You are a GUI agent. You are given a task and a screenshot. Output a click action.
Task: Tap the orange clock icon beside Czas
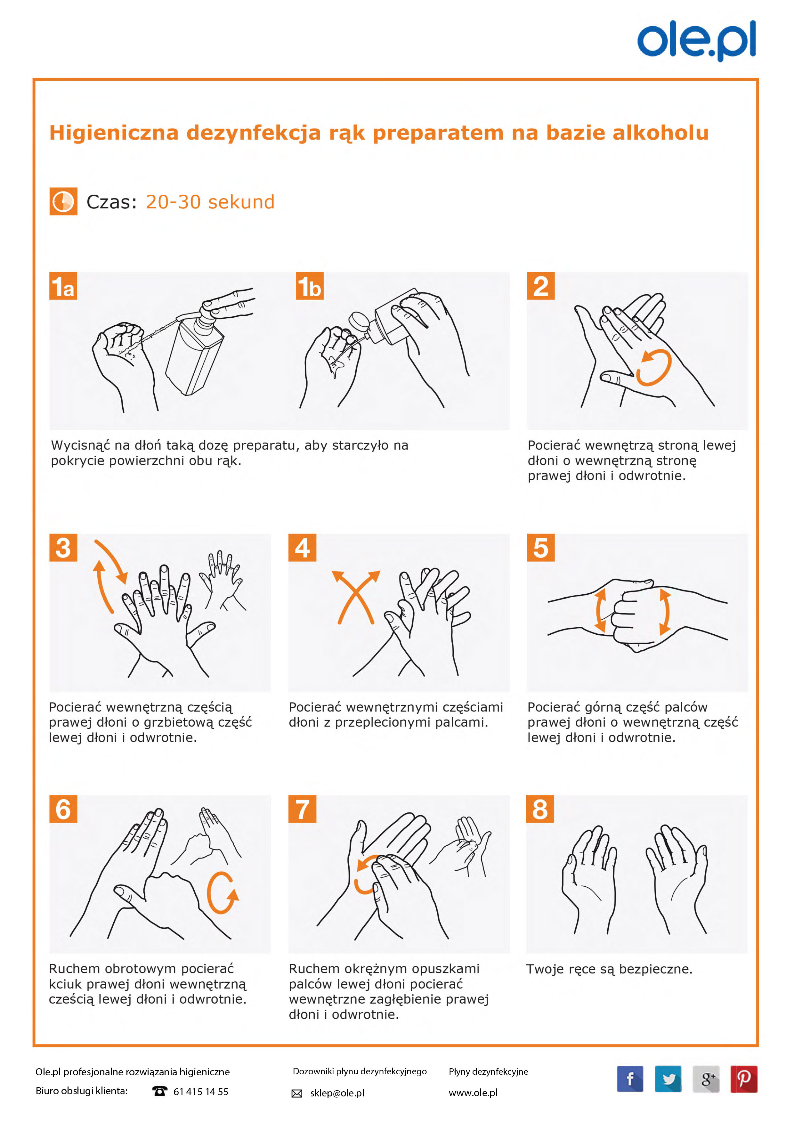pyautogui.click(x=63, y=201)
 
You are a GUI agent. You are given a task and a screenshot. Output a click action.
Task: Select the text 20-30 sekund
pyautogui.click(x=210, y=201)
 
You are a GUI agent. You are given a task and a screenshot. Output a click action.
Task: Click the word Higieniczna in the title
pyautogui.click(x=114, y=133)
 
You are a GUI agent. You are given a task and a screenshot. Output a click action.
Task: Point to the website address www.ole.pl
pyautogui.click(x=473, y=1093)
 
